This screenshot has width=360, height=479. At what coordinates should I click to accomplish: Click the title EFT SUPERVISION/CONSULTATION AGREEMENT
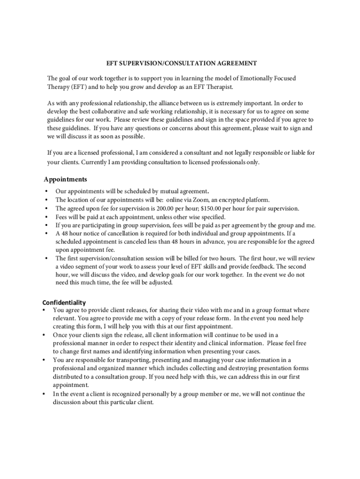[181, 63]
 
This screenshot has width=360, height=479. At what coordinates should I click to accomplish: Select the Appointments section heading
[65, 179]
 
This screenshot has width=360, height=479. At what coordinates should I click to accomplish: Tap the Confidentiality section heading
[64, 302]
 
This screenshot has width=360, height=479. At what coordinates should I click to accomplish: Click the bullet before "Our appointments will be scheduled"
[46, 191]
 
